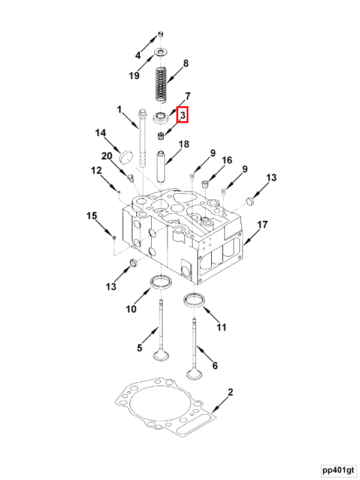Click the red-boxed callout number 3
183,114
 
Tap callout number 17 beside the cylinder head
262,224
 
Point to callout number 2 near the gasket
230,392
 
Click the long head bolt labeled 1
143,138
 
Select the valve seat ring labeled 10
161,281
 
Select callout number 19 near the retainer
134,76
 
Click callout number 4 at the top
138,55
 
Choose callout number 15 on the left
91,215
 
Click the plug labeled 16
206,182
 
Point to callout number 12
96,170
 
